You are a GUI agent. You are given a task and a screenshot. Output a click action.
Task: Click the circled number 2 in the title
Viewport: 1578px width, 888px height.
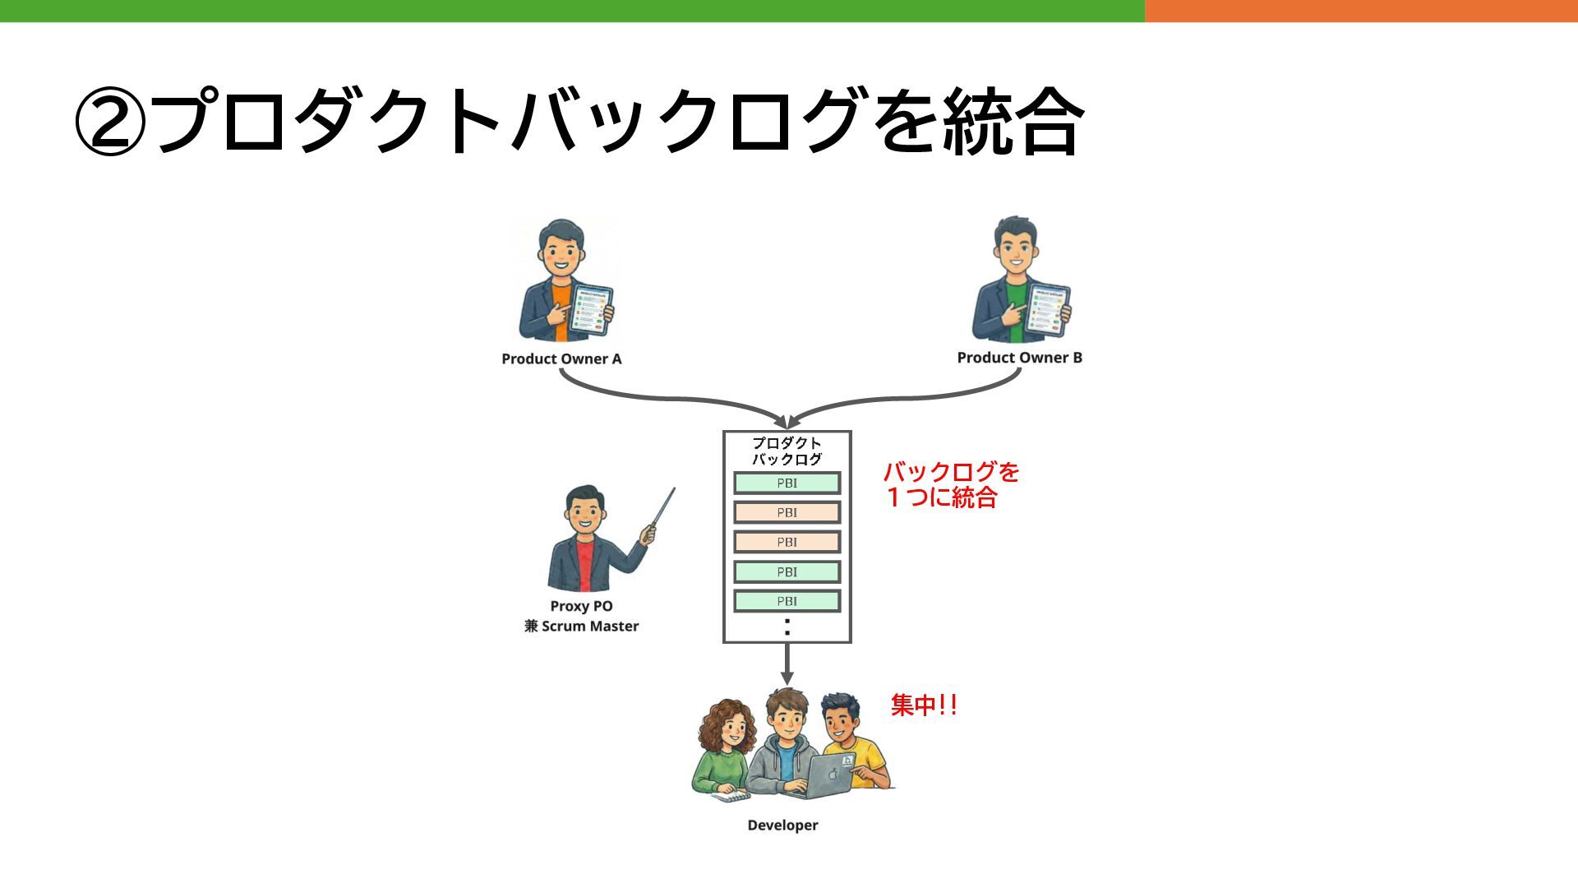coord(111,124)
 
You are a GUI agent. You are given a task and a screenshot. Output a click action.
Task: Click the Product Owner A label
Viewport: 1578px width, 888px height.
coord(561,359)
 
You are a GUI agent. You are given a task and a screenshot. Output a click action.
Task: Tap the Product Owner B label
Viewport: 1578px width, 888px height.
coord(1019,358)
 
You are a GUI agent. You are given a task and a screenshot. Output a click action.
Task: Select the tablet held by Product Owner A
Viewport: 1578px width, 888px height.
coord(593,309)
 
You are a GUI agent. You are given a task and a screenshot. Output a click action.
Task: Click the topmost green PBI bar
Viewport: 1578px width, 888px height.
coord(787,483)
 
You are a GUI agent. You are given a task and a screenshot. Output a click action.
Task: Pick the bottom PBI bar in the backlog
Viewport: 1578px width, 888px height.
coord(787,601)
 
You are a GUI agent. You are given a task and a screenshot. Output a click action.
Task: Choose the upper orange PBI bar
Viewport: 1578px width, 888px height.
coord(787,512)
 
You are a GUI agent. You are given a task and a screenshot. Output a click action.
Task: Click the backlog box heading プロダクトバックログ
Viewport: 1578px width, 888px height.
coord(787,451)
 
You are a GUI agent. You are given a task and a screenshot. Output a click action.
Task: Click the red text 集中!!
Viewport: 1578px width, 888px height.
coord(924,705)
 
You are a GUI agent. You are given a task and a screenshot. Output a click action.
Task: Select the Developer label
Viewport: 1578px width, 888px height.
coord(782,826)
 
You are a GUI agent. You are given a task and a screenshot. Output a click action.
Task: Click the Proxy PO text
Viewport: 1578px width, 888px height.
coord(581,606)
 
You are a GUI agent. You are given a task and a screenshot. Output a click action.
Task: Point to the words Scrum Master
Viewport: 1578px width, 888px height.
coord(590,627)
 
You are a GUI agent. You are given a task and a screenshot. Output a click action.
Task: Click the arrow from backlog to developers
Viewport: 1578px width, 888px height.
coord(787,664)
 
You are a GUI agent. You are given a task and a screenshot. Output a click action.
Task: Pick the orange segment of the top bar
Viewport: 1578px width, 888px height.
coord(1360,11)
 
